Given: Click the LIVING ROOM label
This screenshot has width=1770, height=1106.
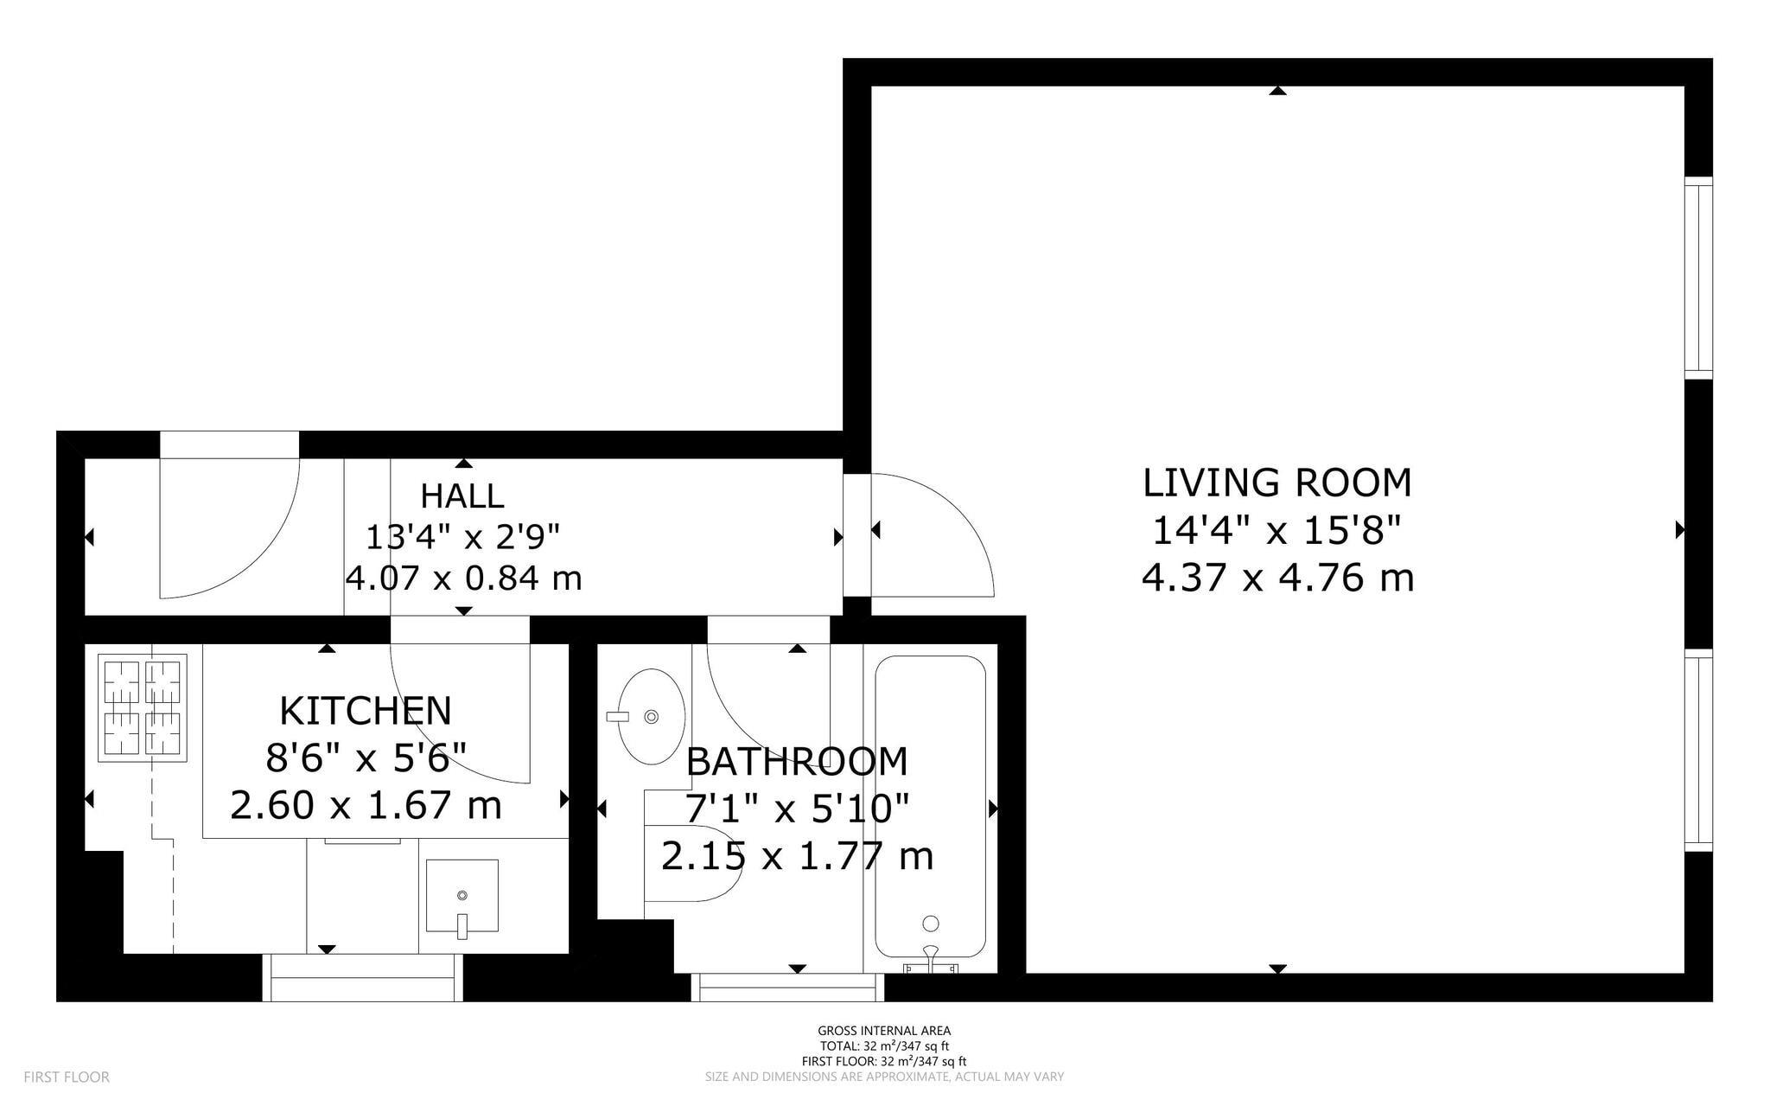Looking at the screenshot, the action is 1277,483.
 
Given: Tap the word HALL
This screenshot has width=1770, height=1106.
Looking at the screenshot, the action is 462,496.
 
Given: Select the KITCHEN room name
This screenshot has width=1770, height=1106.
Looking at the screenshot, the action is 366,711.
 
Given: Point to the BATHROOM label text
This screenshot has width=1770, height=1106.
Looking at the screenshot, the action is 797,762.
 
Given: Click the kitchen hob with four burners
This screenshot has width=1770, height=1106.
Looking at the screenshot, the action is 143,707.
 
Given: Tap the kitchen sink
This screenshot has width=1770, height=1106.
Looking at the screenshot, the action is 462,897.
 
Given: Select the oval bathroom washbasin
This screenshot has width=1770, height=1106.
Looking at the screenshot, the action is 652,716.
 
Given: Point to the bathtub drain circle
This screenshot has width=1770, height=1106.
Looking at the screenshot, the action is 931,924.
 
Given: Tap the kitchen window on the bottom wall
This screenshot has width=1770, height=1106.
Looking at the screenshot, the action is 362,978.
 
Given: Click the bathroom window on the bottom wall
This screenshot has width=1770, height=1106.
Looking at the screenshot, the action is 787,988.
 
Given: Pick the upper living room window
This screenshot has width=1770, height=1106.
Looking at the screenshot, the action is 1699,278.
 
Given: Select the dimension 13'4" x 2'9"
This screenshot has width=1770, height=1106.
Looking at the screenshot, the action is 463,537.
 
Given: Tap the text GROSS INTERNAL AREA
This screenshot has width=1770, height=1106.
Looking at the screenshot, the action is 884,1031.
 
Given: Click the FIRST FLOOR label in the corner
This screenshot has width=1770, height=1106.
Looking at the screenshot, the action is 67,1077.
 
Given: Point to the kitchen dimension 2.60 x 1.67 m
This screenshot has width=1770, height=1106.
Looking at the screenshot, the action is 366,806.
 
